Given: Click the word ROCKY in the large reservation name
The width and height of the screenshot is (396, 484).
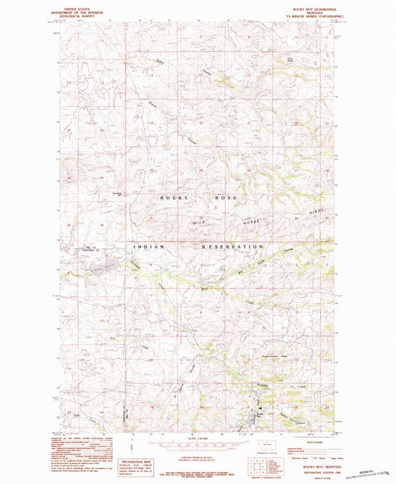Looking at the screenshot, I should click(x=172, y=198).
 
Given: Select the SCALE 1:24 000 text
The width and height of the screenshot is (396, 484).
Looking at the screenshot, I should click(x=197, y=436).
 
